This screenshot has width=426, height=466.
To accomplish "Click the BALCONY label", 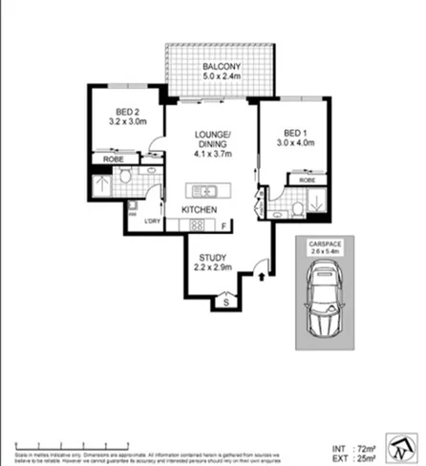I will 220,66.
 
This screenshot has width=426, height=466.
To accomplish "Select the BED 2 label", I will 121,110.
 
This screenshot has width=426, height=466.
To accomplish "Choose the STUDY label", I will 212,258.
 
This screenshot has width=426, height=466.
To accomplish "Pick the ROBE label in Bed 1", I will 307,180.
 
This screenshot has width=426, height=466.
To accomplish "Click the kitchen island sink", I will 203,188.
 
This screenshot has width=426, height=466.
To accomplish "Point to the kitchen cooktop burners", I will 198,225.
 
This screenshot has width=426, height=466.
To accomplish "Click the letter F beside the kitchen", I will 224,226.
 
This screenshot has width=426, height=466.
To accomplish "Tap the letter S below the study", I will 226,303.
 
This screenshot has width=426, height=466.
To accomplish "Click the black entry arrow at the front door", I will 264,276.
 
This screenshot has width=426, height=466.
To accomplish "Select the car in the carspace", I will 320,303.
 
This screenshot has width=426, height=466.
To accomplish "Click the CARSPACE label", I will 321,245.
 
